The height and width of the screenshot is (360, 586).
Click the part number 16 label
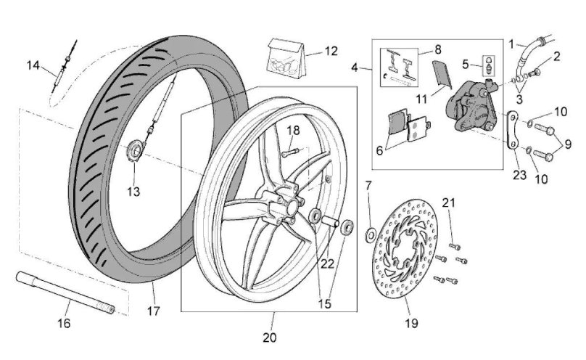click(64, 322)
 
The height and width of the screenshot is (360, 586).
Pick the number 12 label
click(331, 52)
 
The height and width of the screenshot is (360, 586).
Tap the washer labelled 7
click(369, 234)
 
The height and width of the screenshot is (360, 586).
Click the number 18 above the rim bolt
click(293, 131)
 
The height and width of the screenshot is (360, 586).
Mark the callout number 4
click(355, 68)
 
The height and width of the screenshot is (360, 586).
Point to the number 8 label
click(437, 50)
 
